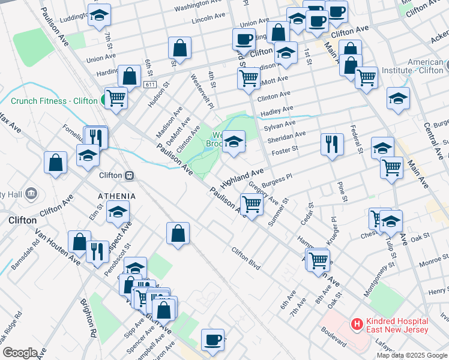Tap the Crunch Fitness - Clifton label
click(54, 101)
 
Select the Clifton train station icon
click(128, 176)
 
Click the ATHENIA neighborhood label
click(116, 196)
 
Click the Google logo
click(19, 353)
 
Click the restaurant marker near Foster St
click(331, 144)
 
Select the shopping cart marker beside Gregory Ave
click(252, 204)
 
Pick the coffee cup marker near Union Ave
click(244, 40)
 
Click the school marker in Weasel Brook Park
click(234, 142)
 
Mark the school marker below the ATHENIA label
click(118, 211)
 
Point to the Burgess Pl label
click(280, 178)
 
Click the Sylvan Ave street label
click(280, 124)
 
